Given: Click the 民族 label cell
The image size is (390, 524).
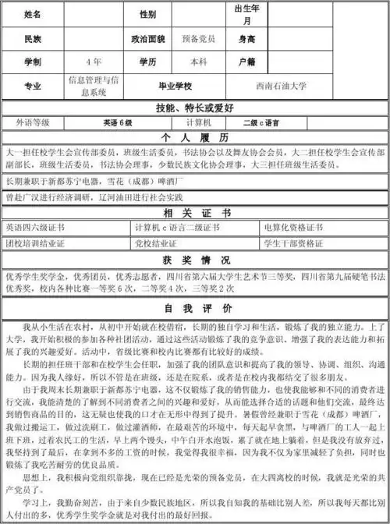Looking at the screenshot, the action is pyautogui.click(x=32, y=39).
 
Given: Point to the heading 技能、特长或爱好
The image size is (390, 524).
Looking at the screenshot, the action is pyautogui.click(x=194, y=108).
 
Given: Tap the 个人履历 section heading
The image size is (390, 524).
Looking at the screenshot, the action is pyautogui.click(x=194, y=136).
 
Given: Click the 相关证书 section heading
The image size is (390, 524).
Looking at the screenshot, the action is pyautogui.click(x=194, y=214).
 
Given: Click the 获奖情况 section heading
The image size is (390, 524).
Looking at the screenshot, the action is pyautogui.click(x=194, y=259).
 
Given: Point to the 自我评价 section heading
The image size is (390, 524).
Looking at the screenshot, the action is pyautogui.click(x=194, y=309).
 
